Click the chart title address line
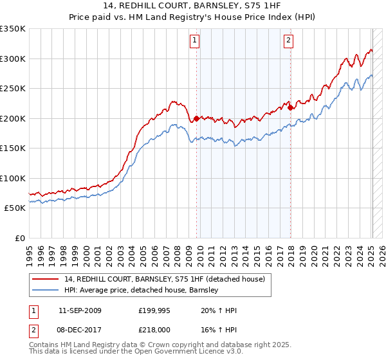coord(193,6)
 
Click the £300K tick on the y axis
coord(13,59)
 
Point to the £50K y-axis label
coord(15,208)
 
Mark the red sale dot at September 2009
coord(196,118)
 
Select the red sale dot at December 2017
coord(290,107)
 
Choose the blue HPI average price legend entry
coord(142,291)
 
